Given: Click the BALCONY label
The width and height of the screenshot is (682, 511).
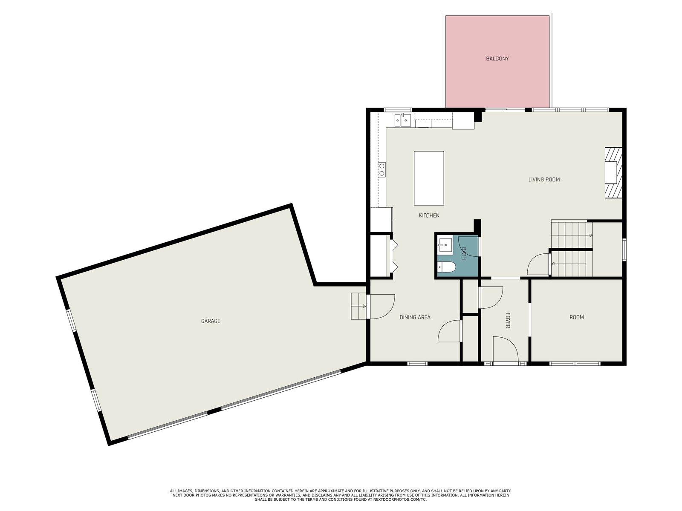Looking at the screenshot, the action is click(497, 58).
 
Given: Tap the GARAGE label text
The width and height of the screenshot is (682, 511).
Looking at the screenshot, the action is click(211, 321).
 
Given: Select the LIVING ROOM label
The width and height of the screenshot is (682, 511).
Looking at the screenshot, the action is click(544, 179).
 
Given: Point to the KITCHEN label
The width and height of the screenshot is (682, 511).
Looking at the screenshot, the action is click(429, 215).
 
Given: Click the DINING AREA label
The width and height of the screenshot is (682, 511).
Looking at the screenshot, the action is click(415, 317).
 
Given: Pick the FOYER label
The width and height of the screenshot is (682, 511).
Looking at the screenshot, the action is click(508, 320).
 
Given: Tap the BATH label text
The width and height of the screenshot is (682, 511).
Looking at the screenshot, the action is click(464, 253).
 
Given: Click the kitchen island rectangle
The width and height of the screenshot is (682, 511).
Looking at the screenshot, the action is click(429, 178).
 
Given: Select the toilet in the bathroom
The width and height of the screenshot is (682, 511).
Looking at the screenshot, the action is click(446, 267).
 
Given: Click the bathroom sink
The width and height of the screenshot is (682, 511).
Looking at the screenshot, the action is click(445, 245).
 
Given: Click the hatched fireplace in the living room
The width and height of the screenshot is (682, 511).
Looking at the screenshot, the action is click(613, 172).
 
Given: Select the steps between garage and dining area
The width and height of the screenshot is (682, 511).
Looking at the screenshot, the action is click(358, 306).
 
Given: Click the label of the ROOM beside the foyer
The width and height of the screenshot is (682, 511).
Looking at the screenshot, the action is click(576, 317).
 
